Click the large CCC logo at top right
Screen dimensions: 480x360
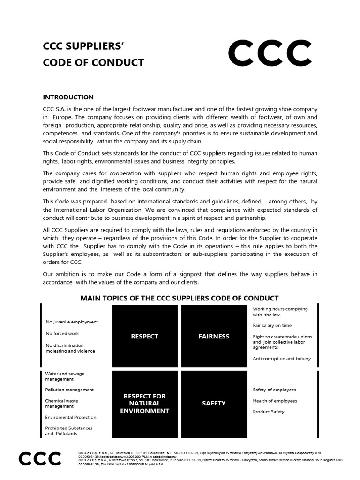pyautogui.click(x=270, y=53)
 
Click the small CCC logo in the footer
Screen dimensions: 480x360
pyautogui.click(x=40, y=458)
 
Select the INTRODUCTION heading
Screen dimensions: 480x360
pyautogui.click(x=68, y=97)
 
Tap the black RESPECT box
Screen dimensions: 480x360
pyautogui.click(x=144, y=336)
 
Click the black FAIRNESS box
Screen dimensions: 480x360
pyautogui.click(x=214, y=336)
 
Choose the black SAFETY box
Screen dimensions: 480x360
pyautogui.click(x=214, y=403)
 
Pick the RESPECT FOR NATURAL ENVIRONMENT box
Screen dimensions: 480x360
pyautogui.click(x=144, y=403)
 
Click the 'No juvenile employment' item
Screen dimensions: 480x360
pyautogui.click(x=72, y=322)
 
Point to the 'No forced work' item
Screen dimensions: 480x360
pyautogui.click(x=62, y=334)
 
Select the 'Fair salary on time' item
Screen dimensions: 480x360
pyautogui.click(x=272, y=325)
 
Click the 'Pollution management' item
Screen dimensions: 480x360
pyautogui.click(x=69, y=390)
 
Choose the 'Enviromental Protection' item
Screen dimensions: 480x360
pyautogui.click(x=71, y=417)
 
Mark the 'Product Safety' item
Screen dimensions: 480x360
pyautogui.click(x=269, y=412)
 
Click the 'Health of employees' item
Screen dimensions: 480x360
pyautogui.click(x=275, y=401)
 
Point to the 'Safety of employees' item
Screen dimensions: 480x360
pyautogui.click(x=275, y=390)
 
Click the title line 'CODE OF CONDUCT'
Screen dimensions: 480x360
pyautogui.click(x=94, y=63)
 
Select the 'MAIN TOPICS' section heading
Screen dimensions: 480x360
pyautogui.click(x=180, y=298)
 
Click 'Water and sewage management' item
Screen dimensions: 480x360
pyautogui.click(x=65, y=376)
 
